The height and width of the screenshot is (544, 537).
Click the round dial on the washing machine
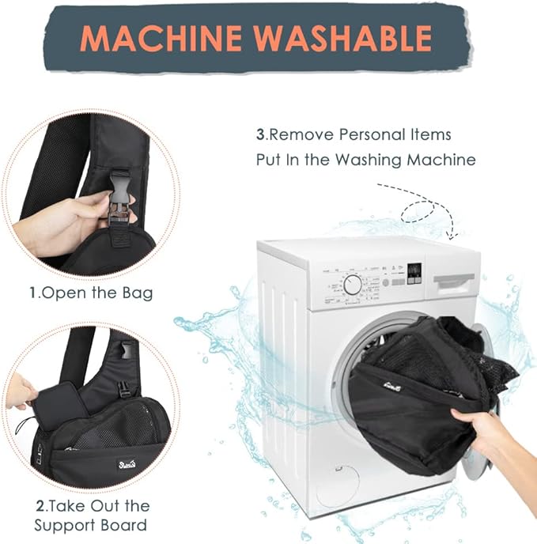[353, 285]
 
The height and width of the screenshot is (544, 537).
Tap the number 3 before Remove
[259, 135]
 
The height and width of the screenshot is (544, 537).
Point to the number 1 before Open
[33, 293]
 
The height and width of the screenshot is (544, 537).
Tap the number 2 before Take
[37, 506]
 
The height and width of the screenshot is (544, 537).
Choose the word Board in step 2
[123, 525]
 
